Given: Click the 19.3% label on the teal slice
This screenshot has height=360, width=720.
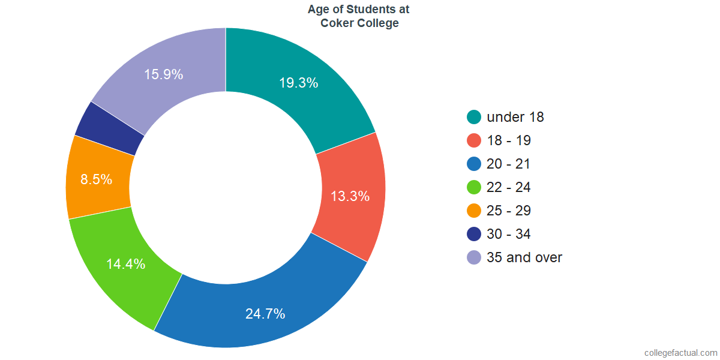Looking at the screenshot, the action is (299, 83).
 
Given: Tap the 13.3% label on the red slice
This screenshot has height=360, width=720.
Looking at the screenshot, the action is (350, 196).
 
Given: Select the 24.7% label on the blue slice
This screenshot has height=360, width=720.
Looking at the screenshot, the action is (265, 314).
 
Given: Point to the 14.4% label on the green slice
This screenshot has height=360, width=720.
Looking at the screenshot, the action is (125, 264).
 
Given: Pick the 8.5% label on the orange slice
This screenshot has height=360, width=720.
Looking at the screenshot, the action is (96, 179).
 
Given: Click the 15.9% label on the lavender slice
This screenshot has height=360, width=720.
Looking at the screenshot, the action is (164, 74).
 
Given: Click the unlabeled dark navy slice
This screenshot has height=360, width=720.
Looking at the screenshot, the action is (109, 129).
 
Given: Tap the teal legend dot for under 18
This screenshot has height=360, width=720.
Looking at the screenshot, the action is (474, 117).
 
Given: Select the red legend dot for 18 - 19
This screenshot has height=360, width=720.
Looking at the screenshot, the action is (474, 140).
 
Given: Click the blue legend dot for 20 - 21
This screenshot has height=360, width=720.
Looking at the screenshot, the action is (474, 164).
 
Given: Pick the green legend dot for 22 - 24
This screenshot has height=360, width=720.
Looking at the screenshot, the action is (474, 187).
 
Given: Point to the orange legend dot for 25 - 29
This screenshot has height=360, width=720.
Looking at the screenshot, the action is (474, 211).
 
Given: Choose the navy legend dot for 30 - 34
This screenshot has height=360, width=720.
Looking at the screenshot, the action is (474, 234).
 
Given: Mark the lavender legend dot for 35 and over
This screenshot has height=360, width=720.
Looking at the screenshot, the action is (474, 257).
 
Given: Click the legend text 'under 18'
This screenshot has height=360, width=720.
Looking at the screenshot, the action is (515, 117).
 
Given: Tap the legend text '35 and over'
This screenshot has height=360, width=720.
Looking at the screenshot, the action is (524, 257).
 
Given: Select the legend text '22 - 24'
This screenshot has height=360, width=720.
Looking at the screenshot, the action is (509, 187).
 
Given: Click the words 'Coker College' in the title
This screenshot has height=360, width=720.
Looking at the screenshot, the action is (359, 23).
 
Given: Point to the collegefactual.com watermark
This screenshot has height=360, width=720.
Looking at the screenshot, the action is (681, 353).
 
